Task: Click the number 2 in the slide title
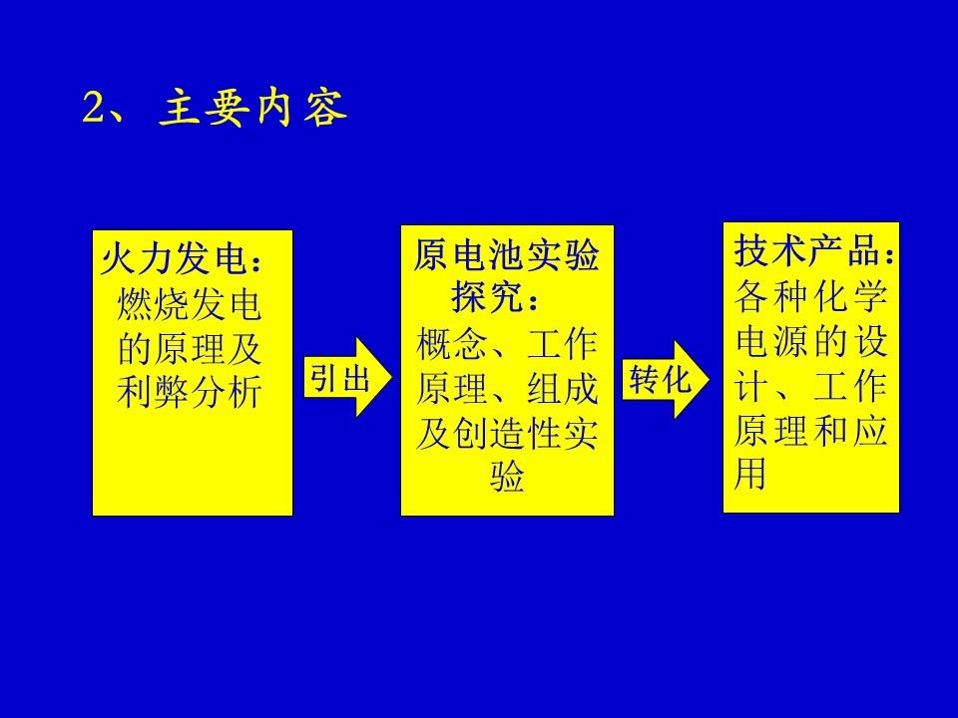pos(94,108)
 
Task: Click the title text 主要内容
pos(252,108)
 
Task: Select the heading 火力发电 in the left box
pos(174,259)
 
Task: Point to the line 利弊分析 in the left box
pos(190,391)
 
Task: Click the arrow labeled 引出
pos(347,377)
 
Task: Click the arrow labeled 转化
pos(666,379)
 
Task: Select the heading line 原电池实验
pos(507,254)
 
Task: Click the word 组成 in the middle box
pos(563,388)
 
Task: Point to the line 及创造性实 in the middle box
pos(507,433)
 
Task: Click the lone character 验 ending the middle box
pos(507,477)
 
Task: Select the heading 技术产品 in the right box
pos(806,250)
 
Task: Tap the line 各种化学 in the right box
pos(810,297)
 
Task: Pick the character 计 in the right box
pos(750,386)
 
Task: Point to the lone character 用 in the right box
pos(749,474)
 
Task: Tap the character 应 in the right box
pos(869,430)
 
